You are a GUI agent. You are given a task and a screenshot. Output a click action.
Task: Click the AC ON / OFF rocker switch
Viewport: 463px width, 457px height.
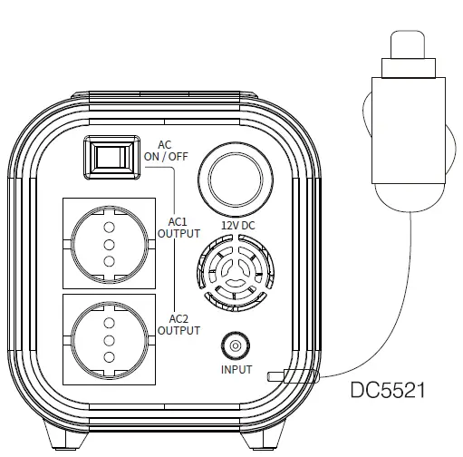111,158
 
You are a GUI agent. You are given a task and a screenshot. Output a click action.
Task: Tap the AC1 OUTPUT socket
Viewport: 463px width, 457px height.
110,244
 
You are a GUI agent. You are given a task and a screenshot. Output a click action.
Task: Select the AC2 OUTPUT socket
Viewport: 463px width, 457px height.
110,340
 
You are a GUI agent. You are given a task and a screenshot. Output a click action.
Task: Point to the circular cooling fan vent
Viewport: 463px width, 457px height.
236,272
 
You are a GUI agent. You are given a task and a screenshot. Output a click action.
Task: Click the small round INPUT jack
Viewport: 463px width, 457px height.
236,345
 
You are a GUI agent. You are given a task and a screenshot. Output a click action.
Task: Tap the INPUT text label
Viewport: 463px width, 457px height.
236,370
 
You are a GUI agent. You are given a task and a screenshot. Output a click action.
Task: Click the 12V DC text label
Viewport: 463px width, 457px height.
238,226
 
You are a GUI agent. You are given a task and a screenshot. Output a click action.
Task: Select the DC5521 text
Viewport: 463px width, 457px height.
388,390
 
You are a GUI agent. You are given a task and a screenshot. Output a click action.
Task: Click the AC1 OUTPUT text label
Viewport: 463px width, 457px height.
178,228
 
